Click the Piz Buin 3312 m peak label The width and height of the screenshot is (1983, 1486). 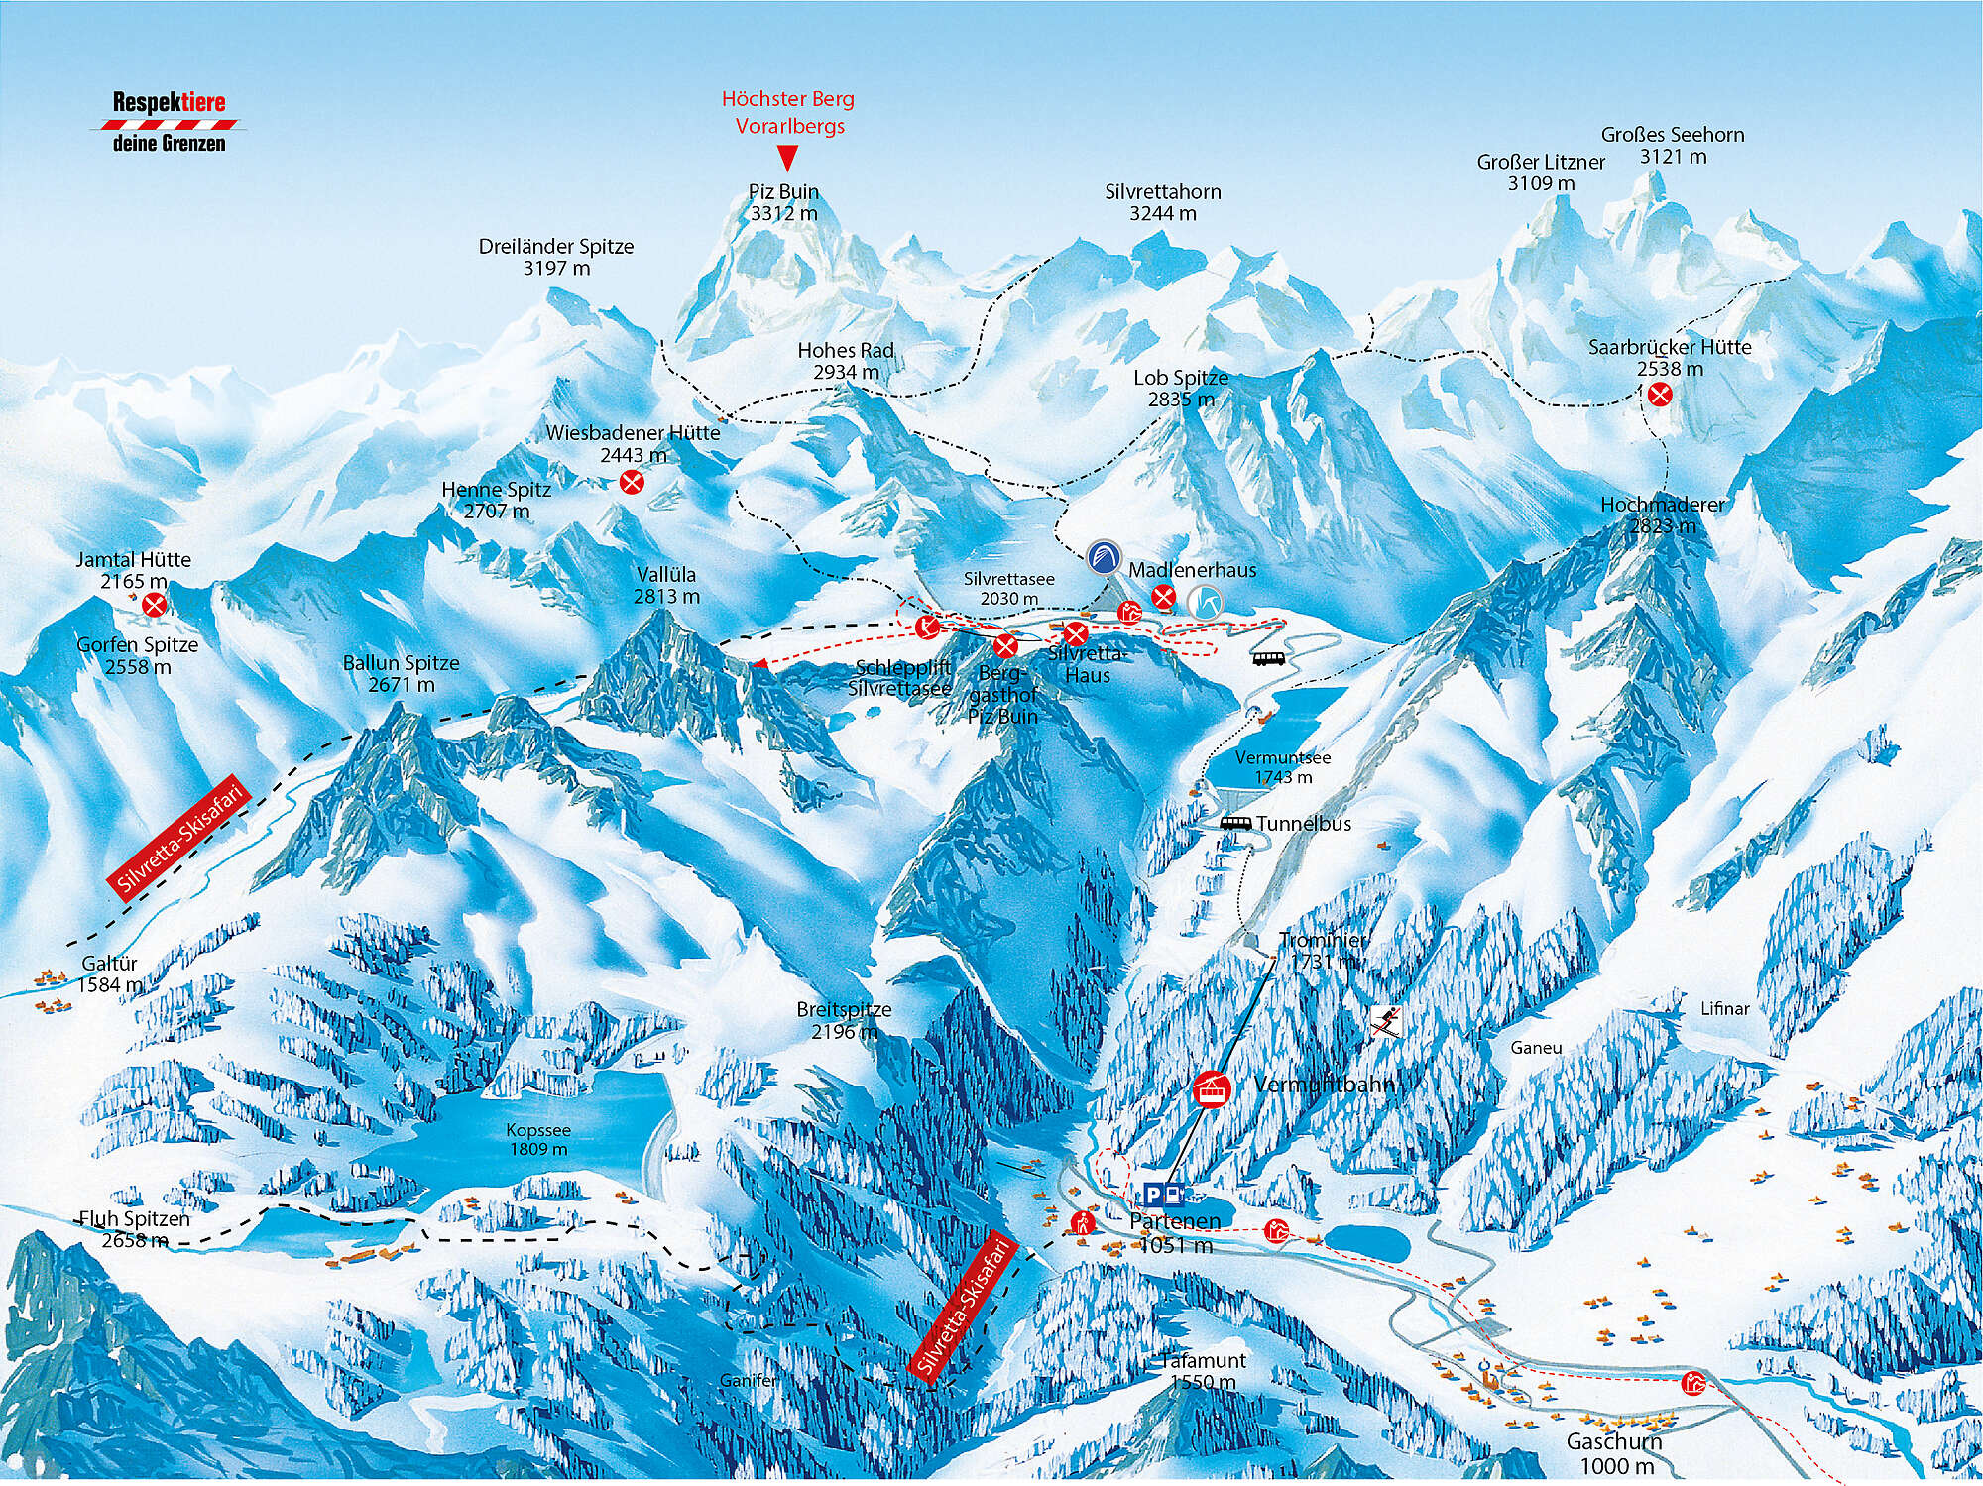coord(783,202)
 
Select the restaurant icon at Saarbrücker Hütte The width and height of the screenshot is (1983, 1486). coord(1660,395)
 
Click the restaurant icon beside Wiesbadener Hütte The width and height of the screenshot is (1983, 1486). coord(631,483)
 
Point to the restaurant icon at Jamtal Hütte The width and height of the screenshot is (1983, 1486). coord(154,605)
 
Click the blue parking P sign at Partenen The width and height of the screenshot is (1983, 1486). coord(1153,1194)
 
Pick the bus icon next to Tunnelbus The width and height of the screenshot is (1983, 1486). coord(1234,823)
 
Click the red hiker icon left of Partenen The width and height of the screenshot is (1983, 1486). coord(1082,1222)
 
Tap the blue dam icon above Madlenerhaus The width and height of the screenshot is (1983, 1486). coord(1103,557)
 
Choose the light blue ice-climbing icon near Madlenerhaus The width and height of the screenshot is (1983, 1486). coord(1205,602)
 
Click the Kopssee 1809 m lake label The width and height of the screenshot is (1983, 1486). coord(538,1139)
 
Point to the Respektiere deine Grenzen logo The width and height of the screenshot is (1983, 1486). coord(169,122)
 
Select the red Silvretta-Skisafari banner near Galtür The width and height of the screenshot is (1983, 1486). coord(177,838)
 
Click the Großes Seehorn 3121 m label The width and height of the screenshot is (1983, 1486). coord(1673,145)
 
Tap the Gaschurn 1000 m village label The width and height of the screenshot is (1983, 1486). coord(1613,1454)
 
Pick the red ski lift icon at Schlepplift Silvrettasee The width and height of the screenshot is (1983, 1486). coord(927,626)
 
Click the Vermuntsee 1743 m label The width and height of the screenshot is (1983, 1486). coord(1283,767)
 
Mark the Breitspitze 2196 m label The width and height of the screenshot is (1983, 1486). coord(844,1020)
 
